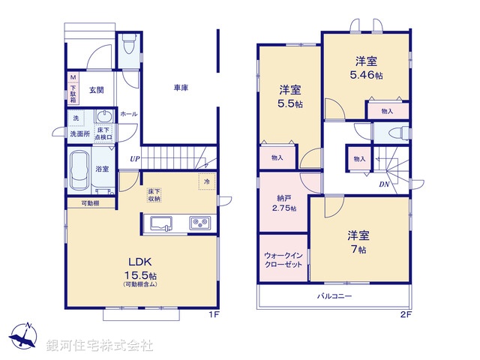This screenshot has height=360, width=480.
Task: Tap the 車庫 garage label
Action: click(181, 88)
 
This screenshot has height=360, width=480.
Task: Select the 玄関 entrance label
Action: click(97, 90)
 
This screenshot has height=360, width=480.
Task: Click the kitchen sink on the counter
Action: click(161, 223)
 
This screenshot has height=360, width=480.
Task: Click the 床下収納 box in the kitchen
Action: click(154, 195)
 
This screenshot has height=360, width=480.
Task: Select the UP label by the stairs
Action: click(134, 159)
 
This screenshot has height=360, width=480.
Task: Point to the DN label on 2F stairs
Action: click(383, 184)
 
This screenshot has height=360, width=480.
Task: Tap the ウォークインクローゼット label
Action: click(282, 259)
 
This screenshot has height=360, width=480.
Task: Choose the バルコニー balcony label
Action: click(334, 295)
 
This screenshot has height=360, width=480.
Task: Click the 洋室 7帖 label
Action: click(358, 241)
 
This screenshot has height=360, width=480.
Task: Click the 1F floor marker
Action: click(214, 315)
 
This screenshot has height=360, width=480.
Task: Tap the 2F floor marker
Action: click(406, 315)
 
